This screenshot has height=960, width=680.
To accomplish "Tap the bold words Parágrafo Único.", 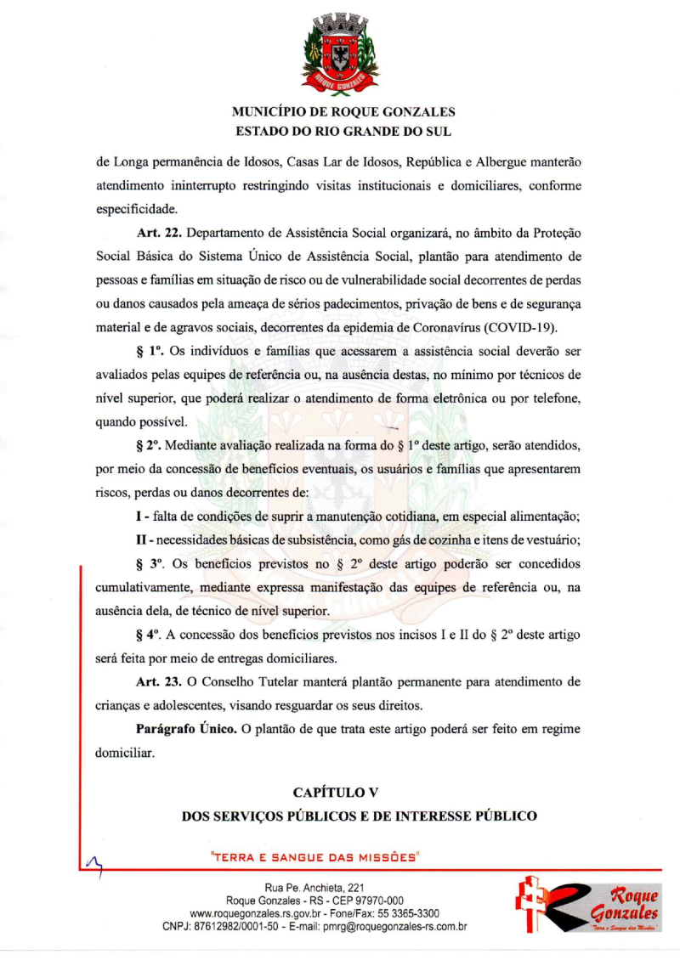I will click(x=186, y=729).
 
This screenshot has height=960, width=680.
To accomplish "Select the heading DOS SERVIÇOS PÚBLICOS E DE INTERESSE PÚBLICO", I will click(x=360, y=816).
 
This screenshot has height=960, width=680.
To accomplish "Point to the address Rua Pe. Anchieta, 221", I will click(x=314, y=888).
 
